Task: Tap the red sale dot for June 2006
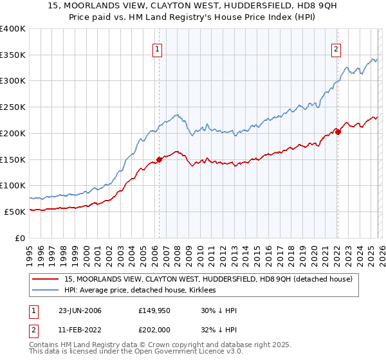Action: pos(159,159)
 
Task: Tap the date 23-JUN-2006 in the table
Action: pos(80,310)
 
